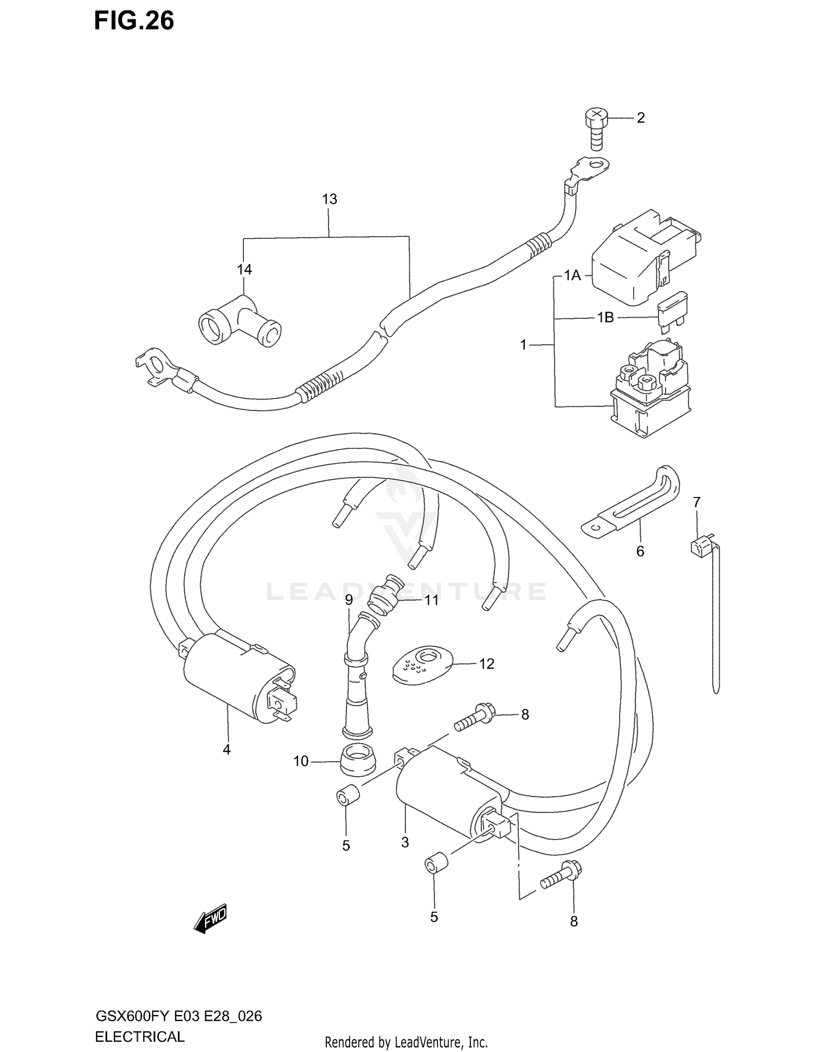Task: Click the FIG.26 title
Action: pos(134,21)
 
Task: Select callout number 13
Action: pos(329,199)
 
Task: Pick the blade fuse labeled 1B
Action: pos(672,313)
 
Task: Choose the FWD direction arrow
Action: pos(210,918)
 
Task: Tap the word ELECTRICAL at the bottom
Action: pos(140,1037)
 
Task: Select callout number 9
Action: pos(349,600)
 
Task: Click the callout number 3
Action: pos(405,842)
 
